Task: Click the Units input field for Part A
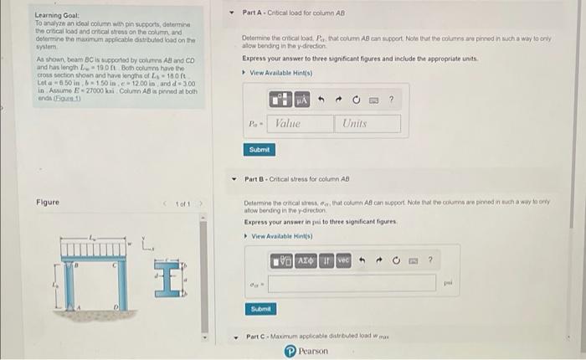pos(368,124)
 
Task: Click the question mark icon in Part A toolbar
pos(391,100)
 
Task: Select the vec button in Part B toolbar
pos(343,260)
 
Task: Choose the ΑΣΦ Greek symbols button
pos(306,260)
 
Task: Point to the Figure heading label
pos(47,203)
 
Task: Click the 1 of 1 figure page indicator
pos(177,203)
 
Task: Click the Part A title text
pos(293,13)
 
